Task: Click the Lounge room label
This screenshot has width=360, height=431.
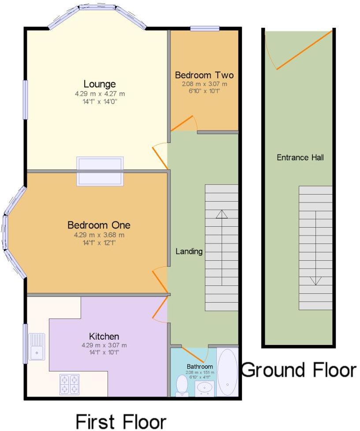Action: (x=100, y=84)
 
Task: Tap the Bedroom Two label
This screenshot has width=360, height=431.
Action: (x=204, y=75)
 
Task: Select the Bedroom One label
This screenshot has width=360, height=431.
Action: (x=99, y=225)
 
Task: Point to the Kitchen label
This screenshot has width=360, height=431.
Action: (x=104, y=337)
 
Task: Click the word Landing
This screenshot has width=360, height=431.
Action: (x=189, y=251)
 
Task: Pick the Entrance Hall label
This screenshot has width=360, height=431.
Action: (x=300, y=157)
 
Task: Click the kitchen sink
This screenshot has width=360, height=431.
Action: (x=36, y=347)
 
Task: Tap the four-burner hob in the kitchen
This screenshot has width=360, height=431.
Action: (x=70, y=384)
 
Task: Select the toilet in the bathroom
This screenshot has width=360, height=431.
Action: (x=182, y=386)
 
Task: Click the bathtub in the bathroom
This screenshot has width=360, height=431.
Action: (x=227, y=372)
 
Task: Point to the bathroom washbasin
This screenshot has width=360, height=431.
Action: (x=204, y=388)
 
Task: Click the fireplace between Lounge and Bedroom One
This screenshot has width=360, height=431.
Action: (x=100, y=171)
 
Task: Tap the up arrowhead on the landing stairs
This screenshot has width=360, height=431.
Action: (x=222, y=214)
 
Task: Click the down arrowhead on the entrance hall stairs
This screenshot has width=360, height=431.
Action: (x=316, y=281)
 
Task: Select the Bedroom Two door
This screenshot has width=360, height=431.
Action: (x=182, y=123)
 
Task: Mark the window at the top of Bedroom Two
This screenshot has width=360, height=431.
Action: (x=205, y=28)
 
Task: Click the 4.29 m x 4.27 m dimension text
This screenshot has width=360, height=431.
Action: (x=100, y=94)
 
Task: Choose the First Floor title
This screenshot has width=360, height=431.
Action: (x=121, y=421)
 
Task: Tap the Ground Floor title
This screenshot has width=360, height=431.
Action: (x=299, y=370)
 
